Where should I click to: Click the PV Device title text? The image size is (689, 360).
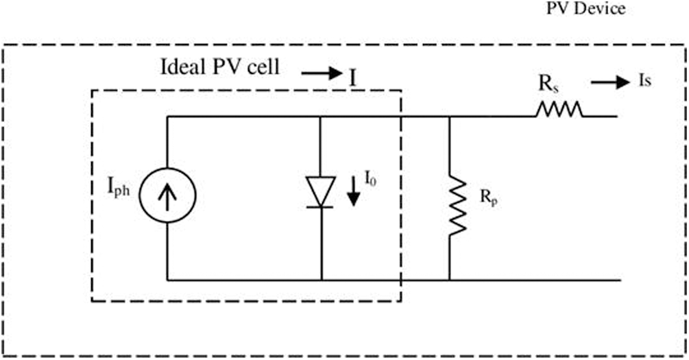(x=585, y=10)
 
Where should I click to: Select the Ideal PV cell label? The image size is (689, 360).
(x=219, y=68)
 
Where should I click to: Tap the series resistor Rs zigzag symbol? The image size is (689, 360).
(x=559, y=110)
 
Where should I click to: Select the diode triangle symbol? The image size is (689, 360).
(x=321, y=191)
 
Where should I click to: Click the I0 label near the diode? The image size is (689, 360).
(x=370, y=181)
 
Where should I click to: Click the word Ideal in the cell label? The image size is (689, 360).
(x=182, y=68)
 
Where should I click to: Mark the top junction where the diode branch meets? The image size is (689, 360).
(x=321, y=117)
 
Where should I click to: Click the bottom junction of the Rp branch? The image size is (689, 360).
(x=450, y=280)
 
